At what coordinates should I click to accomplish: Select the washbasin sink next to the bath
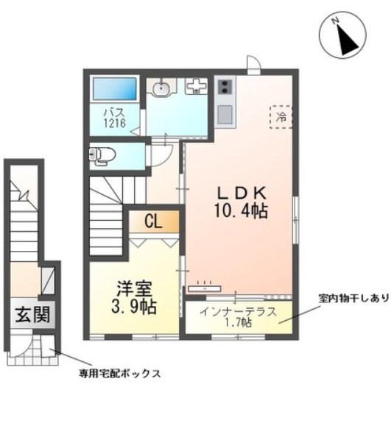click(162, 89)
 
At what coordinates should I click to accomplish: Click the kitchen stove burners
click(225, 88)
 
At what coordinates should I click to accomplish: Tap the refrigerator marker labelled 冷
click(281, 116)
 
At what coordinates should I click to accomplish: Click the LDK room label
click(240, 194)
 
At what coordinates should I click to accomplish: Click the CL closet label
click(154, 221)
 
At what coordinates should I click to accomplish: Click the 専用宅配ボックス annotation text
click(120, 373)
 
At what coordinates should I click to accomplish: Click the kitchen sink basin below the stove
click(225, 114)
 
